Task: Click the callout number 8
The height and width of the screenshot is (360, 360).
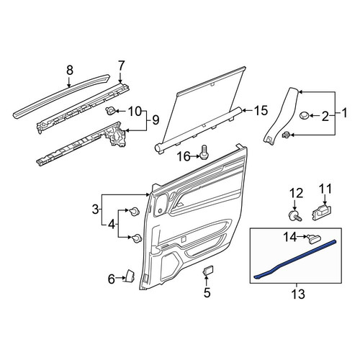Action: (69, 71)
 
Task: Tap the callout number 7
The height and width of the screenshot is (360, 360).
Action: (122, 66)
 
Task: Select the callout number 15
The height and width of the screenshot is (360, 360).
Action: (261, 111)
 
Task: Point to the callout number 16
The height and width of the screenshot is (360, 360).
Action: (184, 157)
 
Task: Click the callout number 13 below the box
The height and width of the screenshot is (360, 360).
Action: (298, 294)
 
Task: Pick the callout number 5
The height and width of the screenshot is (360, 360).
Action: (207, 292)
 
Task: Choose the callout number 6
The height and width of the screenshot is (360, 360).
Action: (111, 279)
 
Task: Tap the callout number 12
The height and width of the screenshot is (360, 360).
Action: (297, 194)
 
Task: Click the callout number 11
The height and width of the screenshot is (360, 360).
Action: (325, 189)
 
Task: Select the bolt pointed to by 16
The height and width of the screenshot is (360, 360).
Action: (204, 153)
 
